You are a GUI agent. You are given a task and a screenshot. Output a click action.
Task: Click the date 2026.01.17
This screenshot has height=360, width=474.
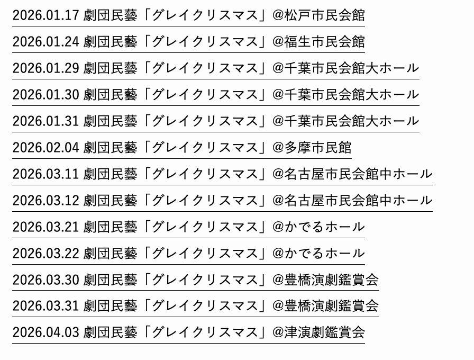[45, 15]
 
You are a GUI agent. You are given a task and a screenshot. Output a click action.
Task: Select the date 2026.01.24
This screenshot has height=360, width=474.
[45, 42]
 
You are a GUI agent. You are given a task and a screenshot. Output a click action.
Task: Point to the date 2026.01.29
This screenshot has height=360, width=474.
[45, 68]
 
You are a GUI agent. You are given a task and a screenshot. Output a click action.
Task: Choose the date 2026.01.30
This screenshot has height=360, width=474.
[45, 95]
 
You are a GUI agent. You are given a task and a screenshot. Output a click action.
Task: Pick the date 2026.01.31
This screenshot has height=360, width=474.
[45, 121]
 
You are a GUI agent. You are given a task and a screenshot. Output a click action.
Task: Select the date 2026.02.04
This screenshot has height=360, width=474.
[45, 148]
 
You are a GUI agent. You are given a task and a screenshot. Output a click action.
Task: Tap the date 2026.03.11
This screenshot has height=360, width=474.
[45, 174]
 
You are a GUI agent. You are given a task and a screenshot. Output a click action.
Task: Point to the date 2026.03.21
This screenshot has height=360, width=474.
[45, 227]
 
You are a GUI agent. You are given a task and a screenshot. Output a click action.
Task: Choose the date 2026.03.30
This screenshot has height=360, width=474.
[45, 280]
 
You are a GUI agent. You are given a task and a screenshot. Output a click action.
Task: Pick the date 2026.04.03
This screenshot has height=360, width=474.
[45, 333]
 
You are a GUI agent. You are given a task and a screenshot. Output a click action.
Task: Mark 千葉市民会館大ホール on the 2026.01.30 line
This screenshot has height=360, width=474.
[352, 95]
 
